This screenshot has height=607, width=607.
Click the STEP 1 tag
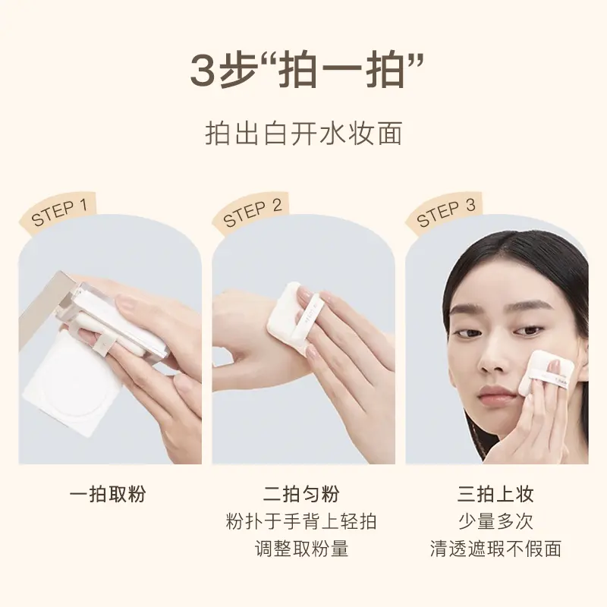pos(58,212)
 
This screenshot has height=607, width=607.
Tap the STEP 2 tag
pos(251,212)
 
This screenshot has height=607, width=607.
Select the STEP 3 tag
pos(445,212)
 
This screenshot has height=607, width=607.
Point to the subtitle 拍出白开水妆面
pos(303,134)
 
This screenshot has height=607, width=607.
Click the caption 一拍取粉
pos(108,495)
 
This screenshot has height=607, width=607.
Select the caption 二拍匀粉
pos(301,495)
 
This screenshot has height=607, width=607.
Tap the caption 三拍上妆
pos(495,495)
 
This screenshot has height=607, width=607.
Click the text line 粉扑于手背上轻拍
pos(301,521)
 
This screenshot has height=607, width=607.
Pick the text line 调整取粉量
pos(301,549)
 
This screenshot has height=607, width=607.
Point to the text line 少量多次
pos(495,521)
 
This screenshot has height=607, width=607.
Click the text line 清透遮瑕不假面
pos(495,549)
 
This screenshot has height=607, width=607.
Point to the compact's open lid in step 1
pos(42,306)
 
